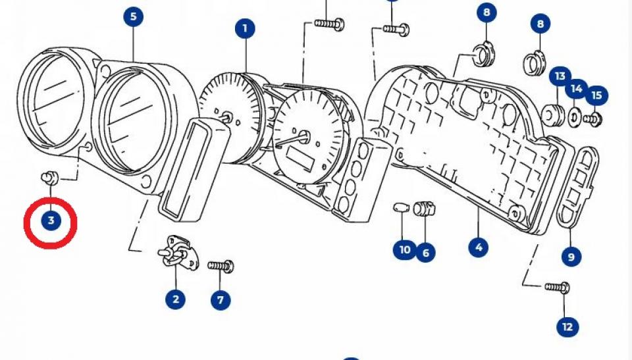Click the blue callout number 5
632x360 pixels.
tap(134, 16)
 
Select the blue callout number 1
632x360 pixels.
tap(245, 28)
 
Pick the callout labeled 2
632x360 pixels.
tap(175, 299)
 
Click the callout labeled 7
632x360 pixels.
tap(221, 300)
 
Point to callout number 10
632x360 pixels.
tap(404, 250)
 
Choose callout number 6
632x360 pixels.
tap(425, 251)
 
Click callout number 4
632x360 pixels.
tap(478, 247)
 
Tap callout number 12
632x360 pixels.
tap(567, 326)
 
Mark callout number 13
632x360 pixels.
tap(560, 77)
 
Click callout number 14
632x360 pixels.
tap(577, 88)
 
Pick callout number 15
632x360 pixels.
tap(596, 95)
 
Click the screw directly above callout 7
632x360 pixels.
tap(221, 266)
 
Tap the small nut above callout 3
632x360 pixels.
tap(49, 176)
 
